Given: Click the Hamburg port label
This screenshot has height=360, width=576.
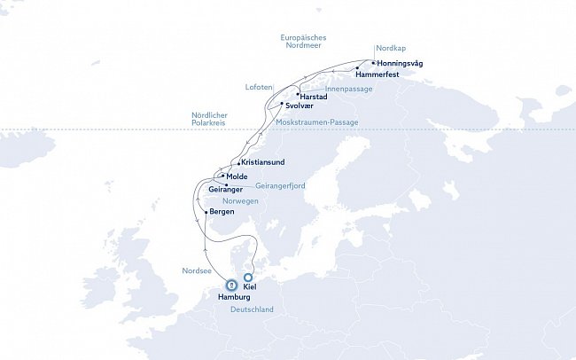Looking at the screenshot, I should click(x=234, y=298).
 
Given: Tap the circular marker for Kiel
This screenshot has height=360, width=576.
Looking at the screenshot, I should click(x=249, y=277).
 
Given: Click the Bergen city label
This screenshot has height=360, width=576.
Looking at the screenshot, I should click(x=222, y=213).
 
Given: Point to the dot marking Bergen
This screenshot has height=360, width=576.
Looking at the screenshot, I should click(x=206, y=213).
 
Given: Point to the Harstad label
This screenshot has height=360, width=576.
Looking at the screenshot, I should click(x=315, y=95).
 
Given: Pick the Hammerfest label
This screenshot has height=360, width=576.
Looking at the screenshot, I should click(x=378, y=74).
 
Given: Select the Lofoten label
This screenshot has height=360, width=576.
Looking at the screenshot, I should click(x=258, y=86).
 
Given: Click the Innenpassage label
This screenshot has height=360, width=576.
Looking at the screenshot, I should click(x=348, y=89).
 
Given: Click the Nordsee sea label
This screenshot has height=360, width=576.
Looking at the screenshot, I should click(x=196, y=271).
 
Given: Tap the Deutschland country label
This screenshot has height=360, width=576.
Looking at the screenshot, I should click(x=253, y=309).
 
